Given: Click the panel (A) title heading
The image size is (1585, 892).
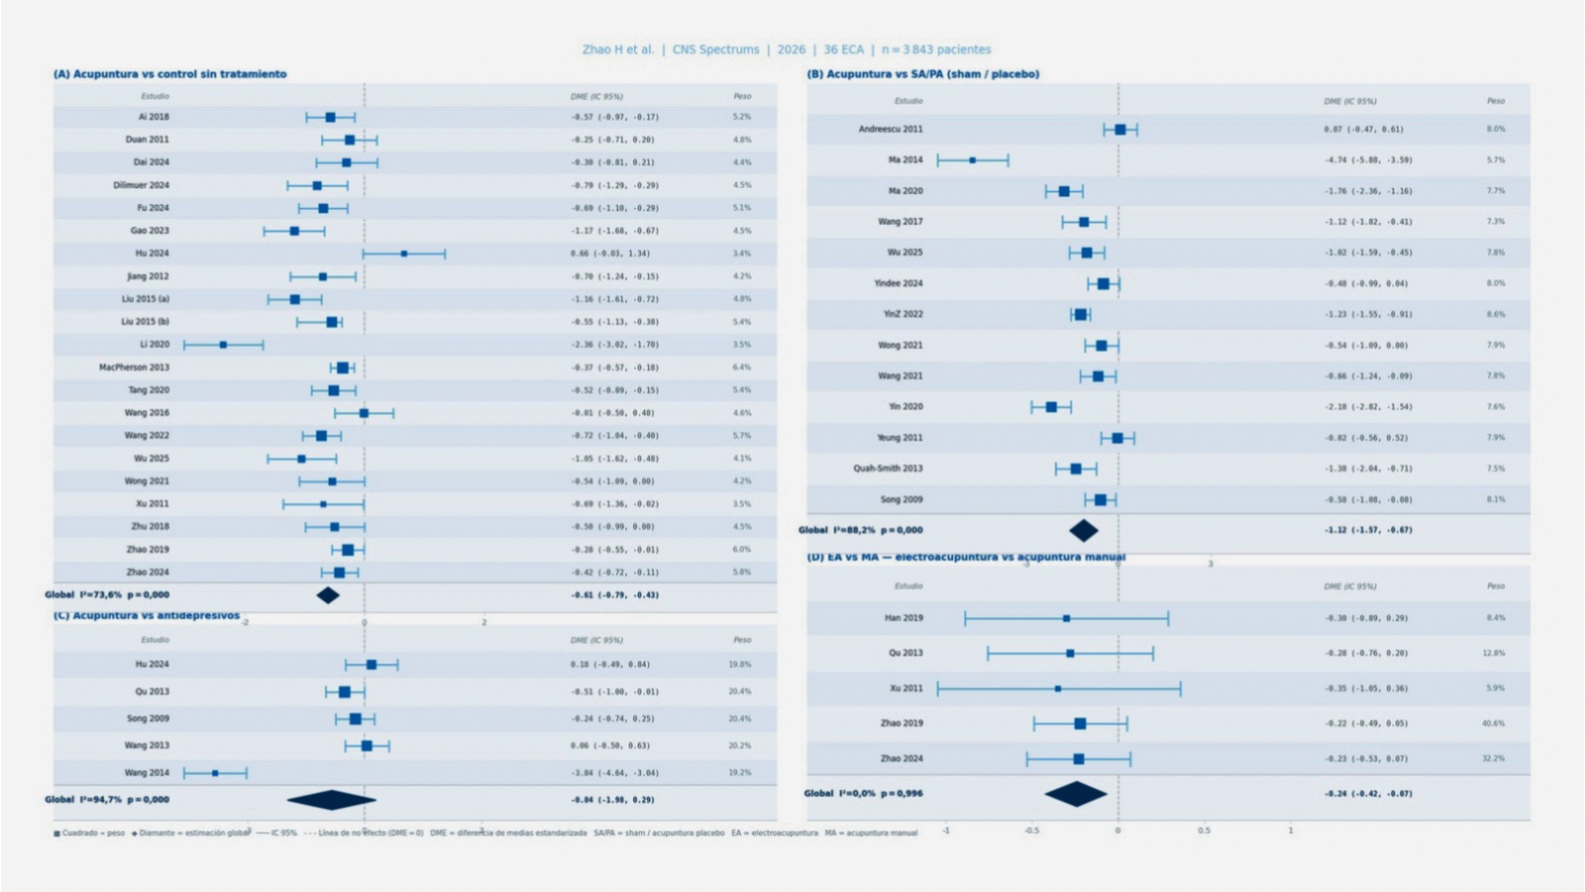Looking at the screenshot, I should click(x=170, y=74).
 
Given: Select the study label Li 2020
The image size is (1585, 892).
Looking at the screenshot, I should click(x=155, y=345).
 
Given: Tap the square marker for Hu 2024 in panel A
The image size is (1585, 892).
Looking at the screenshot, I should click(x=404, y=254).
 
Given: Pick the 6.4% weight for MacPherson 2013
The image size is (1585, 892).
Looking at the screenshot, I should click(x=742, y=368).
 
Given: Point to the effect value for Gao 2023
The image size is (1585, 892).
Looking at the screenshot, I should click(x=614, y=231).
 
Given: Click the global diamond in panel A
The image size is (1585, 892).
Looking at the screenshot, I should click(x=328, y=595).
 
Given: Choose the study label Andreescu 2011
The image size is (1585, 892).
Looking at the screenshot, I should click(x=891, y=129).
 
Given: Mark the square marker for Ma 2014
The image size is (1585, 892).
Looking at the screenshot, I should click(x=973, y=160).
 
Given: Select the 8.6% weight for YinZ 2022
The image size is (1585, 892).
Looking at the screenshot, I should click(x=1495, y=314).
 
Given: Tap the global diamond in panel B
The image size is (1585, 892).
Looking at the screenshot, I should click(x=1084, y=530).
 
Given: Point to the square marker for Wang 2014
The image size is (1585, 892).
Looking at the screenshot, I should click(x=215, y=773).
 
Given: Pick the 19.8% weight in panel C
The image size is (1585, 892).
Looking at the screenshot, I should click(x=740, y=665).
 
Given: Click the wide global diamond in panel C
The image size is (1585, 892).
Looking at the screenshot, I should click(x=332, y=800).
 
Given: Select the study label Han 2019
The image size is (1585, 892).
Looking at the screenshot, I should click(x=903, y=618).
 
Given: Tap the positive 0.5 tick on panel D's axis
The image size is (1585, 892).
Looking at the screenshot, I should click(x=1204, y=831).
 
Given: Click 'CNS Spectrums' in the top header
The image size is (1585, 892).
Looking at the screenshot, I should click(x=715, y=50).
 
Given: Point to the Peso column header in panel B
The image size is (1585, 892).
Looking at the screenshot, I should click(x=1495, y=101).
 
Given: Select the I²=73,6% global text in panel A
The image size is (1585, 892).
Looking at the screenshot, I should click(x=124, y=595).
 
